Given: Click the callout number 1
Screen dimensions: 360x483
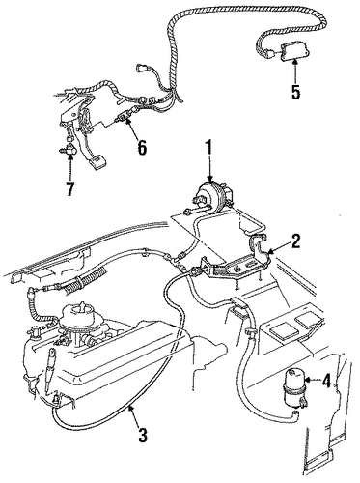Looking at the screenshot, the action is pyautogui.click(x=209, y=150).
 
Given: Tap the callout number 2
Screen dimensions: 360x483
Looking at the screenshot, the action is pyautogui.click(x=294, y=241).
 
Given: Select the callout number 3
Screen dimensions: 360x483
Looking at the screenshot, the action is pyautogui.click(x=142, y=434).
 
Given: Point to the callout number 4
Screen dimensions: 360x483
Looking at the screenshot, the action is pyautogui.click(x=325, y=381).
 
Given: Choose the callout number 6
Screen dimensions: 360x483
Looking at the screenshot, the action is pyautogui.click(x=142, y=147).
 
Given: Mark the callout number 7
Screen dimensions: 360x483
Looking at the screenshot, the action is pyautogui.click(x=69, y=188).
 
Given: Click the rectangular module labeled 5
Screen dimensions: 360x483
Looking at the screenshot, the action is pyautogui.click(x=294, y=51).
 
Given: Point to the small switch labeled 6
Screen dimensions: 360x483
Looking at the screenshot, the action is pyautogui.click(x=123, y=118).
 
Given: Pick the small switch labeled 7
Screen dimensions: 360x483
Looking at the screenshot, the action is pyautogui.click(x=69, y=149).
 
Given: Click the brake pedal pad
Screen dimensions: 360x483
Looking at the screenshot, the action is pyautogui.click(x=99, y=160).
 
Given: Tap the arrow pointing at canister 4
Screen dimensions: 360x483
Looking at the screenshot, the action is pyautogui.click(x=312, y=381).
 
